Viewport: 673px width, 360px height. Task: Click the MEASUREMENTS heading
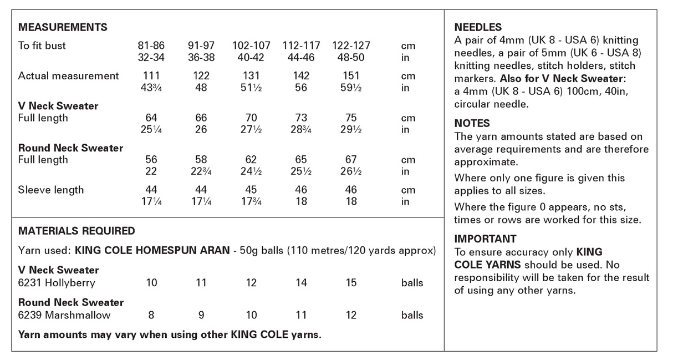[63, 27]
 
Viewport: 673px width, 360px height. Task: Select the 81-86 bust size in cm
[151, 45]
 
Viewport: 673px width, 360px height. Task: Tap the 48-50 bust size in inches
[351, 57]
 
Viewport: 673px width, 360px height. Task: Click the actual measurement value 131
[251, 75]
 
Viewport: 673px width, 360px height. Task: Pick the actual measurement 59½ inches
[351, 88]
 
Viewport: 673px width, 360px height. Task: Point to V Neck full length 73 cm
[301, 118]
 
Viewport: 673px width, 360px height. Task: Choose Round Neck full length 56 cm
[151, 160]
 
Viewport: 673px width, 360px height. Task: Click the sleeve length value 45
[251, 190]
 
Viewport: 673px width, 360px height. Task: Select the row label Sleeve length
[51, 190]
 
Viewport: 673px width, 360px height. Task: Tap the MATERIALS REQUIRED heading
[77, 231]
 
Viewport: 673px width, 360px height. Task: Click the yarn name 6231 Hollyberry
[57, 283]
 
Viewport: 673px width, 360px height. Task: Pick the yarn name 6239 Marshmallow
[64, 315]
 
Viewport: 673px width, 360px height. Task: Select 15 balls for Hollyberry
[351, 283]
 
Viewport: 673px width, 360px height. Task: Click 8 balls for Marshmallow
[151, 315]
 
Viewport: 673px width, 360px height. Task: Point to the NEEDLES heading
[478, 27]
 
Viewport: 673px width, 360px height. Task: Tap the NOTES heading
[472, 123]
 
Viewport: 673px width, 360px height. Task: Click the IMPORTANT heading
[485, 239]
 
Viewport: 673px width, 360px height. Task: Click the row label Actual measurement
[69, 75]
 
